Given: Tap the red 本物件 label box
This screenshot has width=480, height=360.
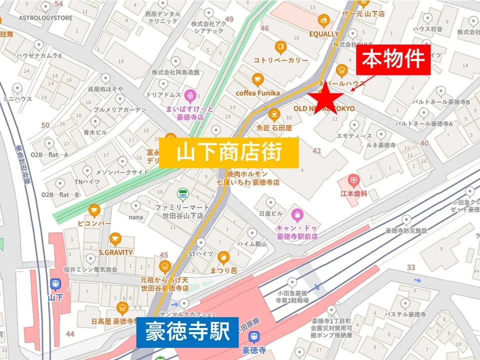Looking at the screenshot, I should pos(393,59).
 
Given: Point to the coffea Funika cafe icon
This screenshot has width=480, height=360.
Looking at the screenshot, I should pos(257,79).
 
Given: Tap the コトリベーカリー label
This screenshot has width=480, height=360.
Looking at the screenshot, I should pos(280,60).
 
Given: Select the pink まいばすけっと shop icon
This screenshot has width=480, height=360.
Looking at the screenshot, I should pos(190,94).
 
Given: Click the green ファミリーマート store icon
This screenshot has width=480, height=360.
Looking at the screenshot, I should pos(183,194).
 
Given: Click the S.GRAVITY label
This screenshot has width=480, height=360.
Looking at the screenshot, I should pos(115,252).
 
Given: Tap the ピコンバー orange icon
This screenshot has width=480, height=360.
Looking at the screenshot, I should pos(93,210).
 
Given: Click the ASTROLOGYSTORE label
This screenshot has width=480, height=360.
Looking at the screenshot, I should pos(45,18).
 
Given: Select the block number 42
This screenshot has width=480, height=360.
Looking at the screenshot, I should pos(316,151).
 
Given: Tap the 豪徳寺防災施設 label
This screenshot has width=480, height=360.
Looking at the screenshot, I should pos(406,230).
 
